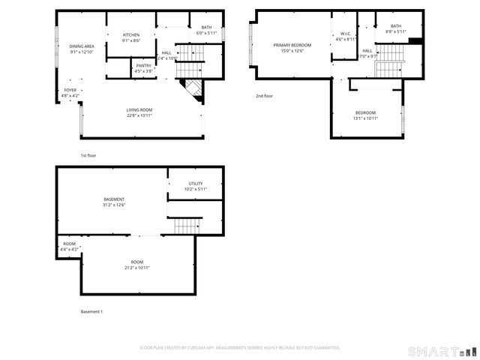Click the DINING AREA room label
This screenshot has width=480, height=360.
pyautogui.click(x=81, y=49)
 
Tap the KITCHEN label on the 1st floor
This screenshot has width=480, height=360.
pyautogui.click(x=131, y=37)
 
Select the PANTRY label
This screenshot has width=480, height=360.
pyautogui.click(x=143, y=68)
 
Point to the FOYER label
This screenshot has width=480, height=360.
pyautogui.click(x=70, y=93)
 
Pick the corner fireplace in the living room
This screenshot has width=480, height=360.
pyautogui.click(x=193, y=89)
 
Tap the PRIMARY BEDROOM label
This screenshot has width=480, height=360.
pyautogui.click(x=292, y=48)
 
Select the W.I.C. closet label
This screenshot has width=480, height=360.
pyautogui.click(x=345, y=36)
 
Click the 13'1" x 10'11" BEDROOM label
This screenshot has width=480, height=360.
pyautogui.click(x=366, y=115)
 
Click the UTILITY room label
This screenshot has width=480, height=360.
pyautogui.click(x=195, y=186)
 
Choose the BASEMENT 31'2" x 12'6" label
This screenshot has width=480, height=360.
pyautogui.click(x=114, y=202)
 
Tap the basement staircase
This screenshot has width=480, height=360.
pyautogui.click(x=187, y=225)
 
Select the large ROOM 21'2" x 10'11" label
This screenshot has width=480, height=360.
pyautogui.click(x=137, y=265)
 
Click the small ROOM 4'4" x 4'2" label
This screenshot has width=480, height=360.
pyautogui.click(x=69, y=246)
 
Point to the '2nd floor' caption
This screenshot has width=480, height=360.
pyautogui.click(x=265, y=96)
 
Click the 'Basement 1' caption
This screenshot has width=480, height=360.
pyautogui.click(x=91, y=311)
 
